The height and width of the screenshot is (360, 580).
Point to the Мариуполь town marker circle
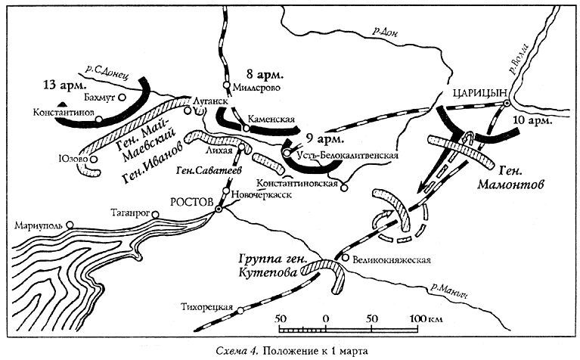click(x=69, y=225)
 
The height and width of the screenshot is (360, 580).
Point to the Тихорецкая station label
click(x=208, y=308)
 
